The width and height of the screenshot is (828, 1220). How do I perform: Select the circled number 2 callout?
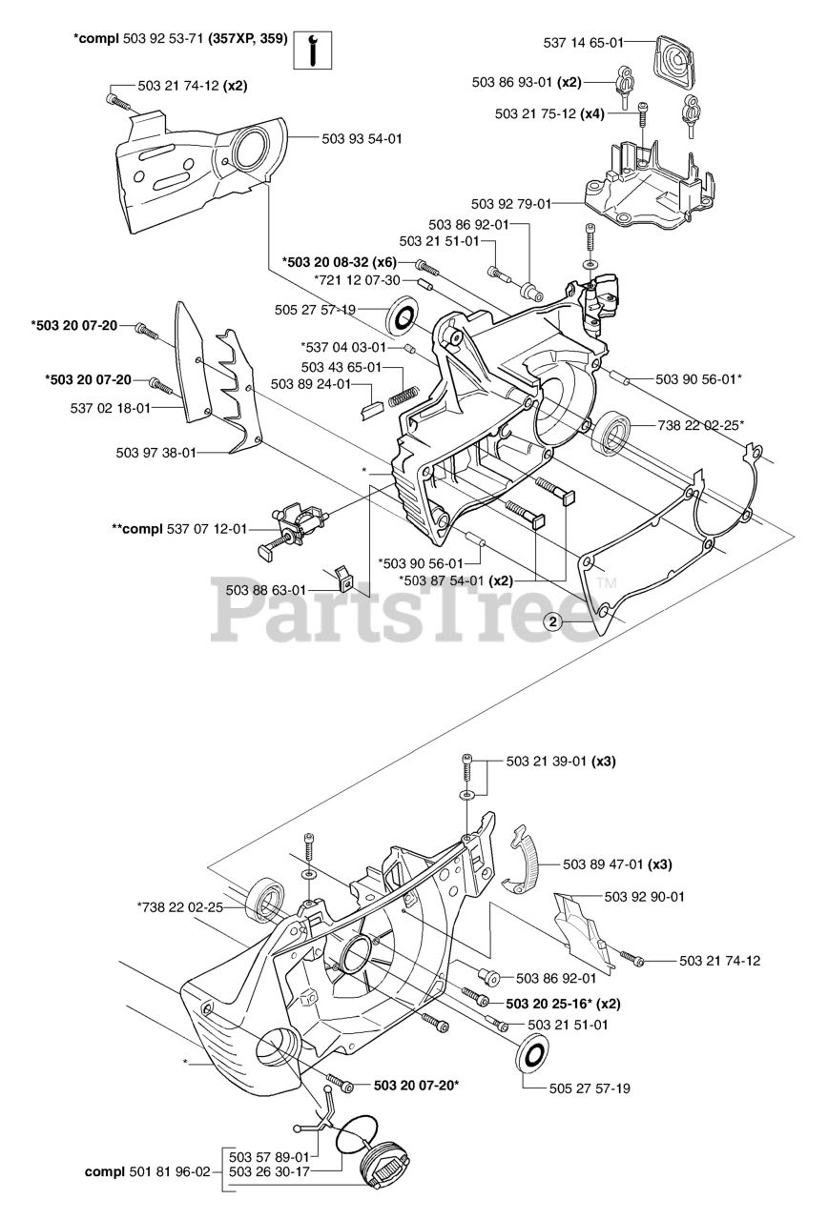click(552, 621)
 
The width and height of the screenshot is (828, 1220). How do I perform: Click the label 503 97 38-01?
click(155, 453)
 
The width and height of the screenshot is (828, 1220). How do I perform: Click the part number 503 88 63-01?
click(266, 589)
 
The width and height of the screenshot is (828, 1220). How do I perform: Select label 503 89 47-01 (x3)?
click(617, 864)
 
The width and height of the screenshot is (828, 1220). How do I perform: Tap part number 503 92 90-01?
click(644, 897)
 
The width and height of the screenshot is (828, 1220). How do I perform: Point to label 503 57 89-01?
click(270, 1156)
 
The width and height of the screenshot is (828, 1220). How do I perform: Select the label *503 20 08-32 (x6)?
click(339, 262)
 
